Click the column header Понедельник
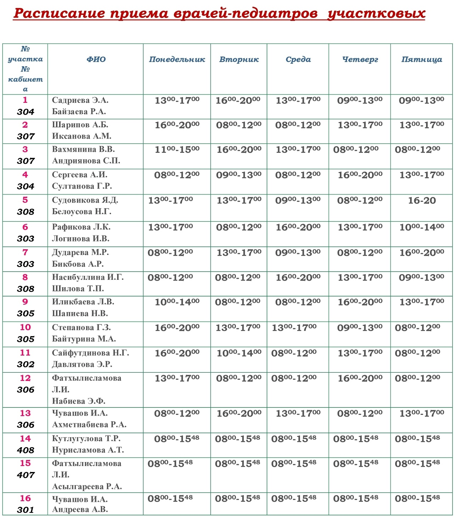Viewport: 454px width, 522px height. point(177,60)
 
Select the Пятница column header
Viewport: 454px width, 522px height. point(422,60)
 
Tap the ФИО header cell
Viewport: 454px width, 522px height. point(96,60)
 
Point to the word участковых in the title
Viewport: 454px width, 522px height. point(376,13)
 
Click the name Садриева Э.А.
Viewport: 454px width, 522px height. point(80,100)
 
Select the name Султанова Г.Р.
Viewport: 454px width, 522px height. point(82,186)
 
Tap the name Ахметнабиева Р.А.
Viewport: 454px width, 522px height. point(89,425)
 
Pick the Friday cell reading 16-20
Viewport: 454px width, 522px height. point(422,201)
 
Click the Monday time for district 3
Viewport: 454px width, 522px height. point(177,150)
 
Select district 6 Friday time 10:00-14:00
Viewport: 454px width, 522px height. point(422,227)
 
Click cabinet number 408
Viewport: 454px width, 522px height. point(26,450)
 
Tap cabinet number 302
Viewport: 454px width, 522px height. point(26,365)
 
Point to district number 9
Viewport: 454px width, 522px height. point(25,302)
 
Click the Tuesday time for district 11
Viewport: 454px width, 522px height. point(239,353)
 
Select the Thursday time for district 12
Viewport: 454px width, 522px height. point(360,378)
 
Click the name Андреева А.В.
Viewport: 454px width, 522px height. point(80,510)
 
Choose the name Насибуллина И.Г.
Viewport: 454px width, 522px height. point(88,277)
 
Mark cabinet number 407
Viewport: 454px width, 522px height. point(26,475)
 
